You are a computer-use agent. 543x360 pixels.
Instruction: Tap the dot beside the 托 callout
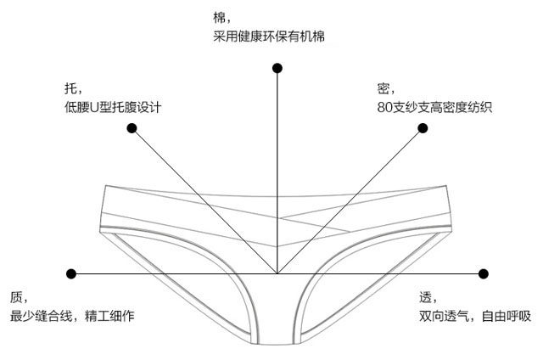132,128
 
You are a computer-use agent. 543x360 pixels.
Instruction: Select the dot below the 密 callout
422,128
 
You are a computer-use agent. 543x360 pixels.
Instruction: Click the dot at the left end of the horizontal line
71,273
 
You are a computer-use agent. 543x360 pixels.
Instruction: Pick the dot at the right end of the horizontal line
484,273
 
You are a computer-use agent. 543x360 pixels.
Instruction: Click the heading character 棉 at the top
220,17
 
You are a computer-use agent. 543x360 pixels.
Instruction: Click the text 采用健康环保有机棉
269,37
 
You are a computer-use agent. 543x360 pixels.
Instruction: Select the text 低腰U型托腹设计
112,108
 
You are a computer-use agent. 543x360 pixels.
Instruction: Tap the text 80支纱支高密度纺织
435,108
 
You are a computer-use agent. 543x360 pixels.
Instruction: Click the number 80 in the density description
386,108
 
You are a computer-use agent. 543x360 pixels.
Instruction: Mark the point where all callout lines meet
277,273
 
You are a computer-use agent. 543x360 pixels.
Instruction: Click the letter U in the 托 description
95,109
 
